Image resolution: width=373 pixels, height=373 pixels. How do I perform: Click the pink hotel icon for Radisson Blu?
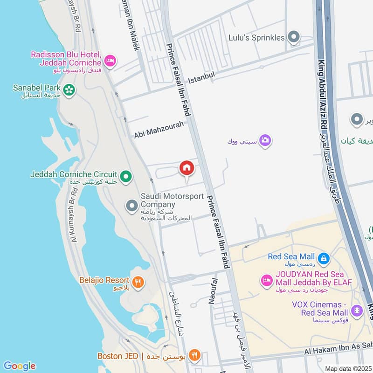coord(111,61)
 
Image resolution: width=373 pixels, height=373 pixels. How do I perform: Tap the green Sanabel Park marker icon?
coord(69,90)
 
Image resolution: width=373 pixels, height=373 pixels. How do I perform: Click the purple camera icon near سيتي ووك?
coord(265,140)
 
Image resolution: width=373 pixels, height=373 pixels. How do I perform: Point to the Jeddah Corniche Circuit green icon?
coord(125,176)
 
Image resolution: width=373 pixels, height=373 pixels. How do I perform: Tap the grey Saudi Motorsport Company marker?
coord(132,205)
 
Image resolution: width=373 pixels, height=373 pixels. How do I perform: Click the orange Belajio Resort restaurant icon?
coord(138,282)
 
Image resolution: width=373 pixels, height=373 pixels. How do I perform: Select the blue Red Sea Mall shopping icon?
coord(324,257)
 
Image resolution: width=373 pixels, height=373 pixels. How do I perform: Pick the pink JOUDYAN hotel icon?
coord(266,280)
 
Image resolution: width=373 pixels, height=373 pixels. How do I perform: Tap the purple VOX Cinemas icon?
coord(357,310)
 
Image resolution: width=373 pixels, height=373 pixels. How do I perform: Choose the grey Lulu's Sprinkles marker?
coord(294,37)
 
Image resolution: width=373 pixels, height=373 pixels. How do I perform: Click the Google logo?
coord(19,366)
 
